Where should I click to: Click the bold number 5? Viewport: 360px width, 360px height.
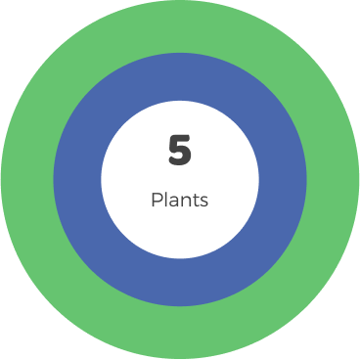click(x=180, y=151)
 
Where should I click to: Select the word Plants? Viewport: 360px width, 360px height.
click(x=180, y=200)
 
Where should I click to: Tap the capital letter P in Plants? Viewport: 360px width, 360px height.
click(x=157, y=200)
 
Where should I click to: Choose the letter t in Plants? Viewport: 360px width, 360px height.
click(x=194, y=200)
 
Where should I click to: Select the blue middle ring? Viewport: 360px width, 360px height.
click(x=78, y=180)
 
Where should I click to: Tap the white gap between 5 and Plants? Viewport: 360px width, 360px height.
click(x=180, y=178)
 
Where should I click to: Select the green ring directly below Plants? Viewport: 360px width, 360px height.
click(x=180, y=333)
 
